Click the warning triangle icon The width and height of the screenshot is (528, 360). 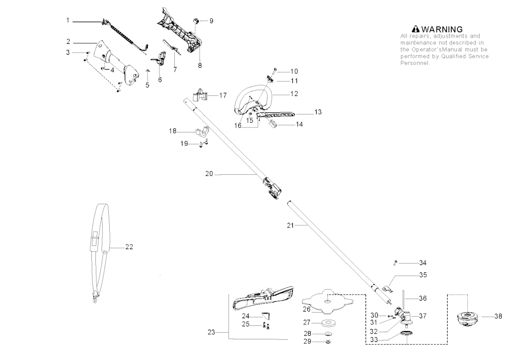416,29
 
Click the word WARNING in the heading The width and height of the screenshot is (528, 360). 442,29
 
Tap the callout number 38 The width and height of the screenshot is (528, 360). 498,316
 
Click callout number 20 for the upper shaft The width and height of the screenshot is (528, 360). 209,174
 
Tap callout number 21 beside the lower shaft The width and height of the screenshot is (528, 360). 290,225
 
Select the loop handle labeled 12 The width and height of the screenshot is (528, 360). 253,100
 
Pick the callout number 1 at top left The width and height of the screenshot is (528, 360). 68,21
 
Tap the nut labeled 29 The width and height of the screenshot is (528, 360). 328,342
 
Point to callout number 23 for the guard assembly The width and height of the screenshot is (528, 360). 211,332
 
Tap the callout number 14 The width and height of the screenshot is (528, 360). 299,124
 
